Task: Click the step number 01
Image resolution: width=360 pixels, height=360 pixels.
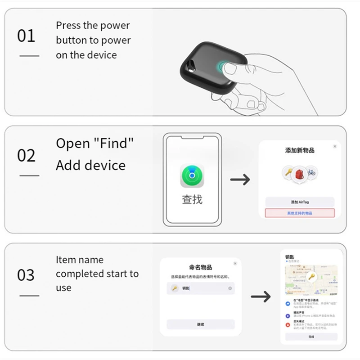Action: click(x=26, y=36)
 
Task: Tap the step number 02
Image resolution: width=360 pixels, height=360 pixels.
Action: click(x=26, y=155)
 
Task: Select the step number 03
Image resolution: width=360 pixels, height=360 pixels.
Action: click(x=26, y=274)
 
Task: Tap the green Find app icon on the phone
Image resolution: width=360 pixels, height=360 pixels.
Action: click(x=192, y=176)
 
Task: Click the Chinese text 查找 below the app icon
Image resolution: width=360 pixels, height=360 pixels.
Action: click(x=192, y=199)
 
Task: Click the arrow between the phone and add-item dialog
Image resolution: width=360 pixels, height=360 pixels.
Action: click(x=240, y=180)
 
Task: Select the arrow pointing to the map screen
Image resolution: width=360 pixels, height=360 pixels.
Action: click(x=261, y=296)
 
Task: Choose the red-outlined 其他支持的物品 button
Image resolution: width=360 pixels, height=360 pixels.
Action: click(x=299, y=213)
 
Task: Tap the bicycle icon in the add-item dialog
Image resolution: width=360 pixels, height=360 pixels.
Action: click(x=310, y=172)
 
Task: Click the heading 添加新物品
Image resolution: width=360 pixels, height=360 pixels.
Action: click(x=299, y=150)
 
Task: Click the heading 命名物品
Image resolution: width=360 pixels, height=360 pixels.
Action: click(x=201, y=267)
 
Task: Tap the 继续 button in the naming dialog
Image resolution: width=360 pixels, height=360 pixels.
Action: click(x=201, y=324)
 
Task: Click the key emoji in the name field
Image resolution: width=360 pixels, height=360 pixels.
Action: click(x=175, y=288)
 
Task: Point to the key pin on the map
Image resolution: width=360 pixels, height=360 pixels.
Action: click(x=311, y=277)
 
